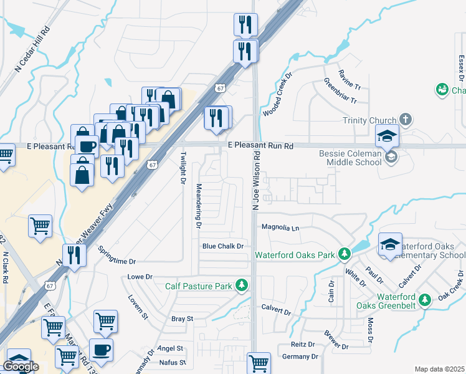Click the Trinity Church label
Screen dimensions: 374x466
click(x=369, y=120)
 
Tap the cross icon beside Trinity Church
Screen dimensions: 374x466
click(x=406, y=119)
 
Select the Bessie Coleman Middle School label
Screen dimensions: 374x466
click(x=350, y=158)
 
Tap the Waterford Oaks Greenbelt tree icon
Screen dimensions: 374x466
click(x=425, y=300)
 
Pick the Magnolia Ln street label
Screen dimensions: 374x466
click(x=280, y=228)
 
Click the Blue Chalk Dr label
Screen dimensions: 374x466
click(x=223, y=246)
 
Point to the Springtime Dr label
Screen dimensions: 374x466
click(x=117, y=256)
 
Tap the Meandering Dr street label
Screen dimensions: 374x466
click(x=199, y=204)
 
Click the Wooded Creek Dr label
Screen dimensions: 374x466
click(x=277, y=94)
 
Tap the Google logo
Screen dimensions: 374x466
click(x=20, y=367)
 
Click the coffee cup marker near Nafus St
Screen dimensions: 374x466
click(x=101, y=350)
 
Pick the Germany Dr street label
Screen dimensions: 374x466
click(x=300, y=357)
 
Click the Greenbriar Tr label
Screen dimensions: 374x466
click(x=340, y=92)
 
